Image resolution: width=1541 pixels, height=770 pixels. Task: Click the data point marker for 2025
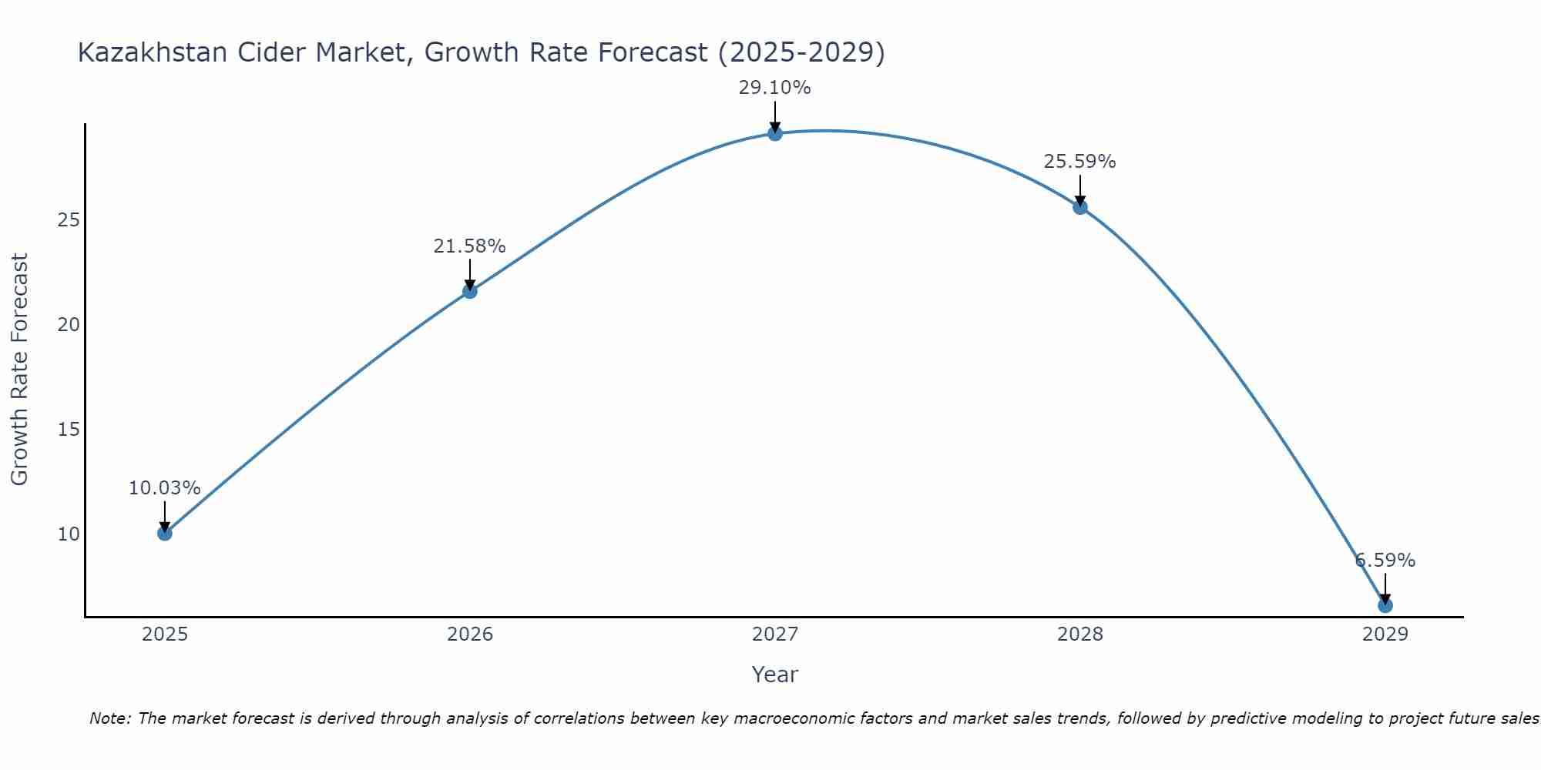164,533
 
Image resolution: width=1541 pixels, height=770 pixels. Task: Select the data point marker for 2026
469,291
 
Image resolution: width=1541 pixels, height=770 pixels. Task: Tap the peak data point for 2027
774,133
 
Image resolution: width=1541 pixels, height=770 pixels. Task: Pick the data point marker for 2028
1079,206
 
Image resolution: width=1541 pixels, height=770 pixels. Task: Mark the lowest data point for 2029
1385,605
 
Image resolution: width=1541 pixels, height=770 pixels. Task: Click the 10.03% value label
164,488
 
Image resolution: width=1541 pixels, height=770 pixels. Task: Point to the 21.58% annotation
469,246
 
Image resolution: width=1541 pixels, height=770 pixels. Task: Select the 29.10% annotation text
774,88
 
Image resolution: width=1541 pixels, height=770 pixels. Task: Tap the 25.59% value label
1079,162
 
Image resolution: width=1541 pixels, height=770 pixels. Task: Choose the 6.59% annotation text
1385,561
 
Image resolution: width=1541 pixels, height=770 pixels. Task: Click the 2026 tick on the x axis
469,634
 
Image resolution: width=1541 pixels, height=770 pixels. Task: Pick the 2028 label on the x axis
1079,634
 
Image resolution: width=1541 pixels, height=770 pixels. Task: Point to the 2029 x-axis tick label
1385,634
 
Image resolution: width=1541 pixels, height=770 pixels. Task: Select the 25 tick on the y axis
69,220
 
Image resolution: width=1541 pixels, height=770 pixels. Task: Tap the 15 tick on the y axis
69,429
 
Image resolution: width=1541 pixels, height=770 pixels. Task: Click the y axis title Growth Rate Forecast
19,370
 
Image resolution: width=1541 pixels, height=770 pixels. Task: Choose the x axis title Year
774,675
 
